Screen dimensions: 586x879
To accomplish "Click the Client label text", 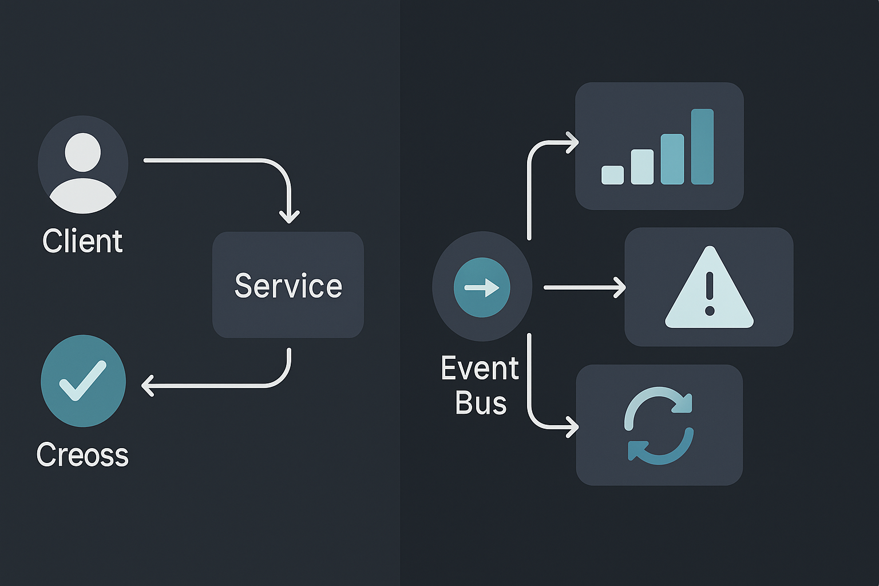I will pos(82,241).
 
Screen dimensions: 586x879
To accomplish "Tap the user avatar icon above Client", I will pos(83,165).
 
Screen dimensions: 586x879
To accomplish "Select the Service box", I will pos(288,285).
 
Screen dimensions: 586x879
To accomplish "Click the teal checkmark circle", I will pos(83,381).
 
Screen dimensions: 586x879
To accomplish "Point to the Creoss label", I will pos(82,455).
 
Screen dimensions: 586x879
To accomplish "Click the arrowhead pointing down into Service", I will pos(289,217).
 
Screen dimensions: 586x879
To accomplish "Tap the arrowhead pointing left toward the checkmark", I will pos(148,386).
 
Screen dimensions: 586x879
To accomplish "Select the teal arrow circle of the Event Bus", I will pos(482,287).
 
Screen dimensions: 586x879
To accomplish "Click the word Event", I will pos(480,368).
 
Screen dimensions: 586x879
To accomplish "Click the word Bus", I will pos(481,403).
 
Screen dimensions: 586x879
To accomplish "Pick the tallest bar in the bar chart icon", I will pos(702,146).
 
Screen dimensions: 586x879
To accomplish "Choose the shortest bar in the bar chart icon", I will pos(612,175).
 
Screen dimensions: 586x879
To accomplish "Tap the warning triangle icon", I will pos(709,289).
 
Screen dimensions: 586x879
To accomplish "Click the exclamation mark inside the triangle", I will pos(710,293).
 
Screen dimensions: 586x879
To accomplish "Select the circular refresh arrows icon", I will pos(659,425).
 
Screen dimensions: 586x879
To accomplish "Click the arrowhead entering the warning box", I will pos(620,287).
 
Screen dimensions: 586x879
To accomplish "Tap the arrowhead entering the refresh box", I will pos(572,426).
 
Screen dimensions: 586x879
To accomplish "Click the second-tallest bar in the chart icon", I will pos(672,159).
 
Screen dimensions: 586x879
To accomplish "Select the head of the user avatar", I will pos(83,152).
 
